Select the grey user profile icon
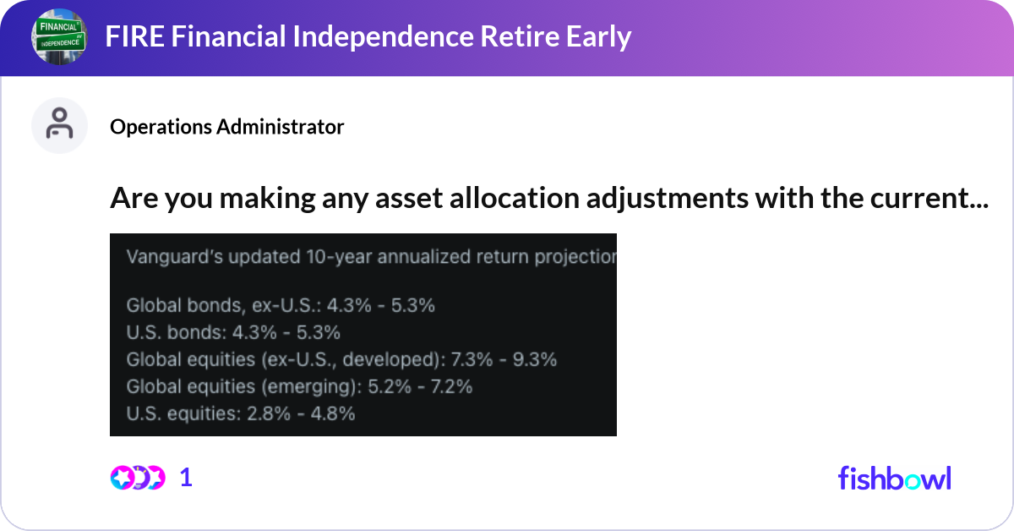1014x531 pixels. [59, 125]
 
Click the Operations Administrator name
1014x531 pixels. [226, 127]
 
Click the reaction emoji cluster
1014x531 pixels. [138, 478]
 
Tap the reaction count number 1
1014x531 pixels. [187, 478]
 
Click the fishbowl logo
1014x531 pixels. [894, 478]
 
